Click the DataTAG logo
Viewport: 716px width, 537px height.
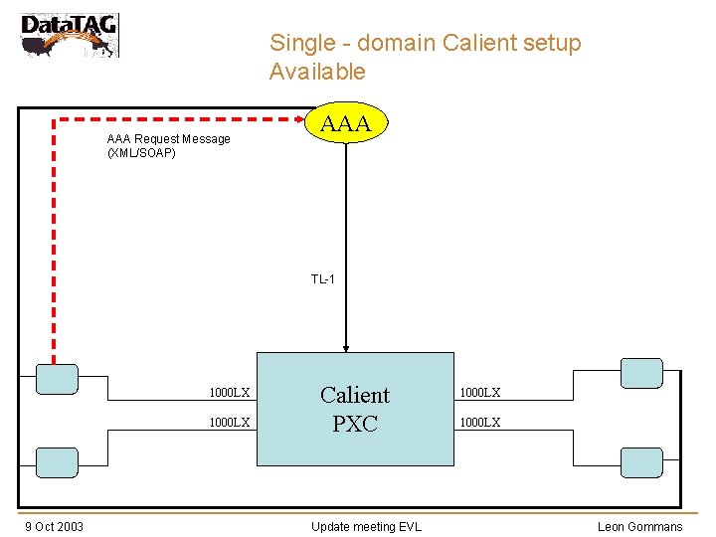[69, 34]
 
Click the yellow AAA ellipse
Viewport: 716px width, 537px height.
[346, 123]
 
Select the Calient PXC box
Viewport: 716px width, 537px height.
[355, 409]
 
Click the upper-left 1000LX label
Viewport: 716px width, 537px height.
[229, 393]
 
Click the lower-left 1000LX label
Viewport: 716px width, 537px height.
[229, 423]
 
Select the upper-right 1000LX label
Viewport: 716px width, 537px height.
[479, 393]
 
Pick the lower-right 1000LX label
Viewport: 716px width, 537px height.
[479, 423]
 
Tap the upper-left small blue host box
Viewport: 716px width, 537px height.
[57, 379]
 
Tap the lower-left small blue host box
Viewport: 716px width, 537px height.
[57, 461]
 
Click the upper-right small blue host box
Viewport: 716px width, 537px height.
[641, 372]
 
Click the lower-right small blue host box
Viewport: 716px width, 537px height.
[641, 461]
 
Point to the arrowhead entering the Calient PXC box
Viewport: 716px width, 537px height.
[346, 348]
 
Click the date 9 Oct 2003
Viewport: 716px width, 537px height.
[54, 526]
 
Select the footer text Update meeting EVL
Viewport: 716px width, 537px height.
[366, 526]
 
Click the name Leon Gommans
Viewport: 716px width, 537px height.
[639, 526]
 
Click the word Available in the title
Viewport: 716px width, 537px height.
[317, 72]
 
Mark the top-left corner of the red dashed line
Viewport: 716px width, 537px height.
[54, 118]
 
